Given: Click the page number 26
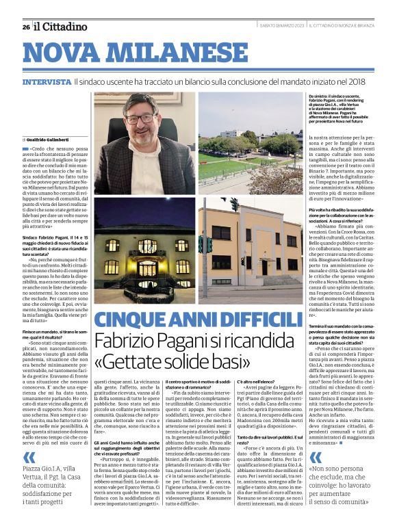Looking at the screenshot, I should (x=25, y=27).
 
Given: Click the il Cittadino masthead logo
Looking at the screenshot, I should (x=61, y=27).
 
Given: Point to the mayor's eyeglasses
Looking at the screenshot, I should (x=140, y=118).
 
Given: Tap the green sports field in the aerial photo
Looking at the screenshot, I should (x=226, y=168).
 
